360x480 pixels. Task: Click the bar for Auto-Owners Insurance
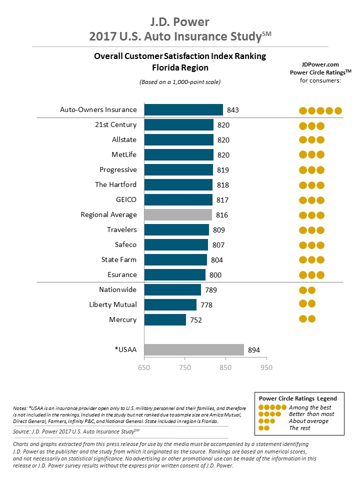183,110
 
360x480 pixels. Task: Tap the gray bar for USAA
194,350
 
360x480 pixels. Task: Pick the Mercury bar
165,320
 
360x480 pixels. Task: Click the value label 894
254,350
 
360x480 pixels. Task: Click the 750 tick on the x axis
185,368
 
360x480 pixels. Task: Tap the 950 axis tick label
266,368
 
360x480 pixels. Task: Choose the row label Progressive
118,170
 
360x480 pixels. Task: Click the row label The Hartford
115,185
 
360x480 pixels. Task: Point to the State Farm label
119,259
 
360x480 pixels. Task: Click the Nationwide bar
172,290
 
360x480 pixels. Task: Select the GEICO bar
178,200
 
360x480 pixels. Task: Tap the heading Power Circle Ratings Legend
298,398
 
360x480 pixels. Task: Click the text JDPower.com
320,64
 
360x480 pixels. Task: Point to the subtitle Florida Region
180,67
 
